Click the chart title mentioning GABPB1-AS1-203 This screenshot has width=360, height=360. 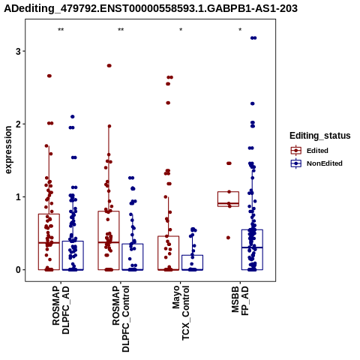pos(151,8)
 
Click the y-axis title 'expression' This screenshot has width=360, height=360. pos(8,150)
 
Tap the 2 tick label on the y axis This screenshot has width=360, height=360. pos(18,124)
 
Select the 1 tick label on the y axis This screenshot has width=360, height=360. pos(18,197)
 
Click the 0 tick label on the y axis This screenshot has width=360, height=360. pos(18,270)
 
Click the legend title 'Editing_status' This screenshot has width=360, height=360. pos(320,136)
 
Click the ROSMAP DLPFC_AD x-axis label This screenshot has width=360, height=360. pos(61,310)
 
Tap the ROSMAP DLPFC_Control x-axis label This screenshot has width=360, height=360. pos(121,319)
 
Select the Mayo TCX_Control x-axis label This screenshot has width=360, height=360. pos(181,313)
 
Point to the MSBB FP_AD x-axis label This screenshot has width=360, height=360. pos(240,301)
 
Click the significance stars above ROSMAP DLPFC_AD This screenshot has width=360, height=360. pos(61,30)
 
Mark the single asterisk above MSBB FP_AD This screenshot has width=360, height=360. pos(240,30)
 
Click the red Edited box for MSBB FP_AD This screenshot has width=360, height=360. pos(228,199)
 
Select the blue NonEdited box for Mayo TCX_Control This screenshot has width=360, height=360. pos(192,262)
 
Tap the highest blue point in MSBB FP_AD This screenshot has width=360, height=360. pos(253,38)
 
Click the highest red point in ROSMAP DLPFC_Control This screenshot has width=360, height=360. pos(109,66)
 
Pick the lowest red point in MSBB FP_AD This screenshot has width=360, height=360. pos(228,238)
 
